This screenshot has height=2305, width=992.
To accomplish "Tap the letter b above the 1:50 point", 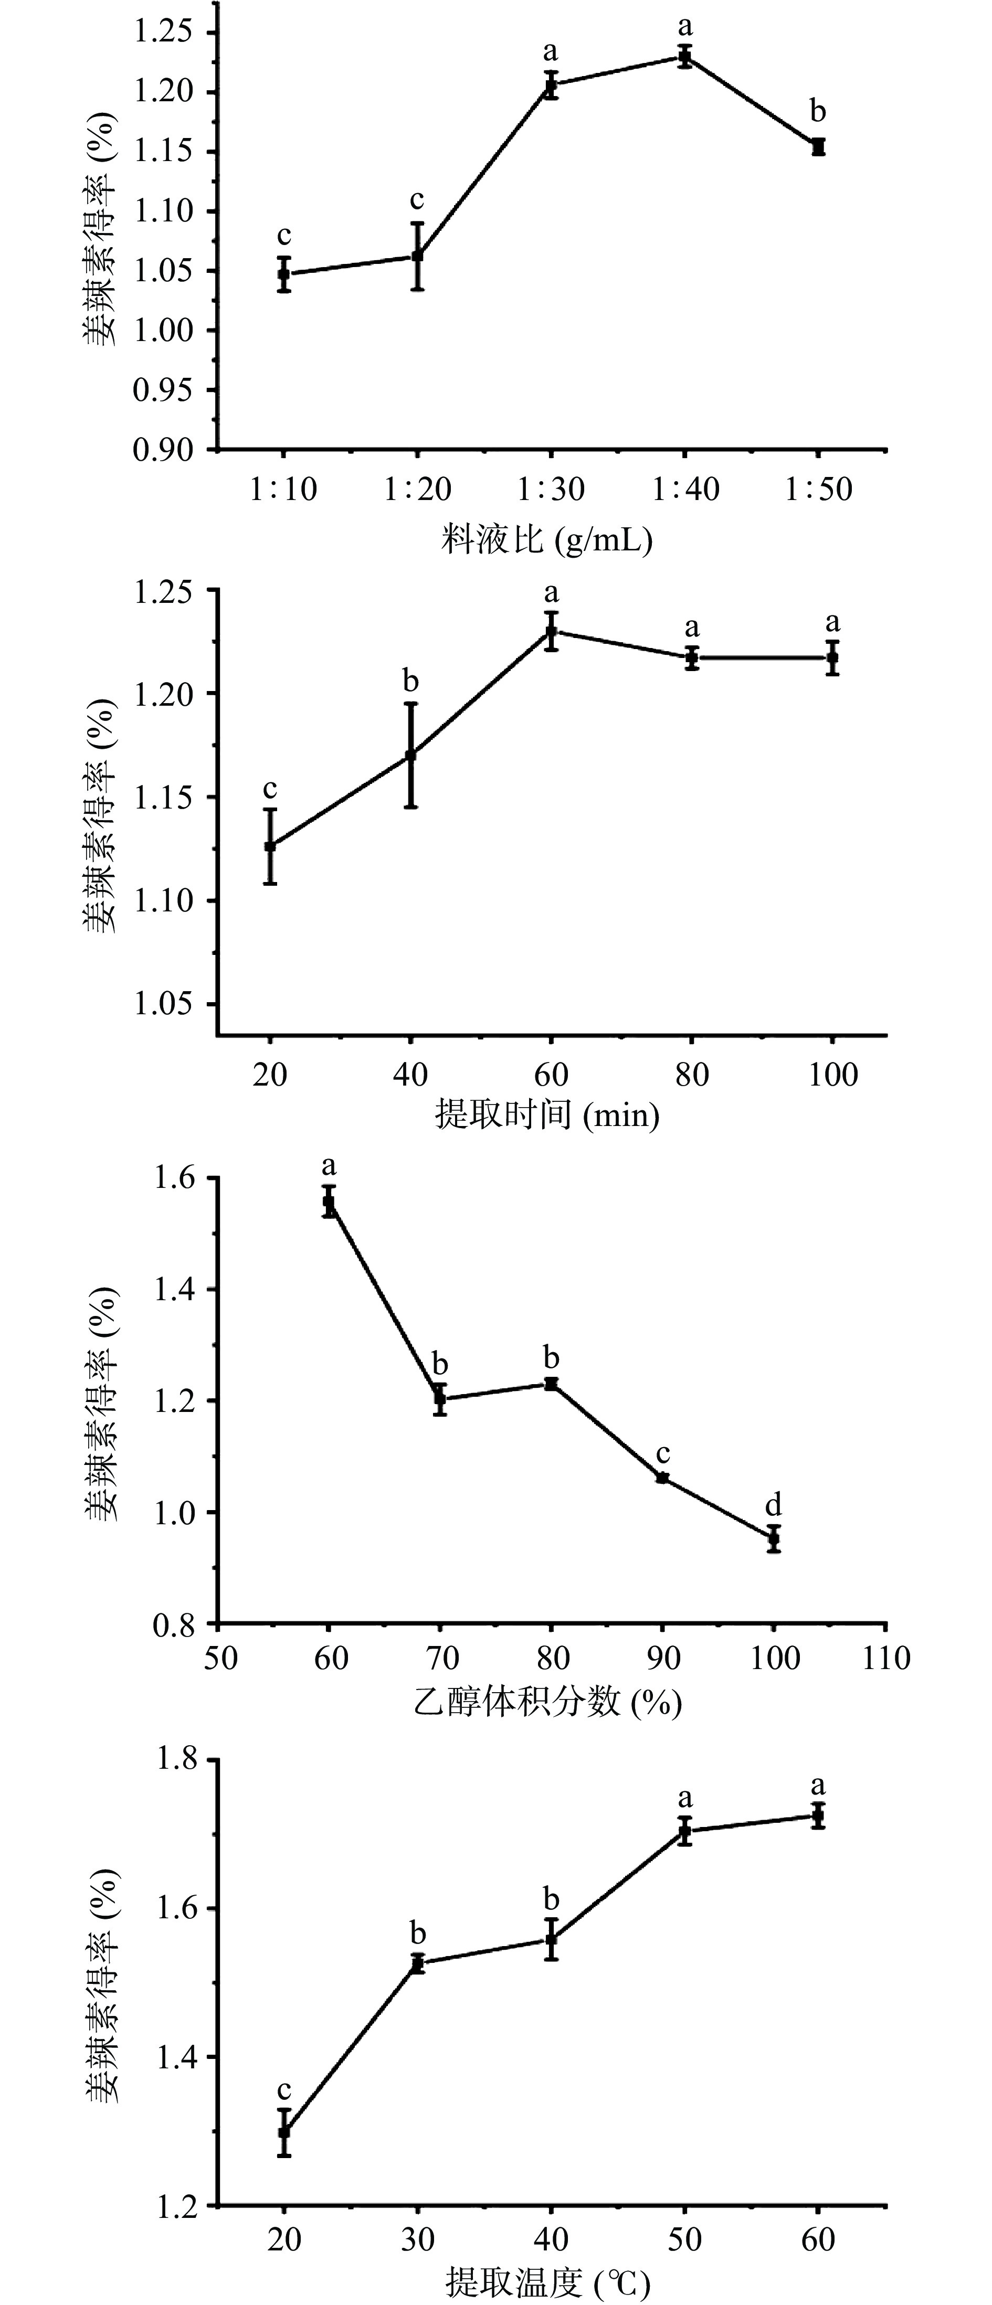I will coord(817,112).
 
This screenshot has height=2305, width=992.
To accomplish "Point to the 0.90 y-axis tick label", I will coord(163,449).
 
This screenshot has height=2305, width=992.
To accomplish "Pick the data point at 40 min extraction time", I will coord(410,755).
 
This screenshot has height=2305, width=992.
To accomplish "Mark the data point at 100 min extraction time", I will coord(832,657).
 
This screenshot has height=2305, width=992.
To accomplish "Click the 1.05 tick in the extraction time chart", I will coord(163,1004).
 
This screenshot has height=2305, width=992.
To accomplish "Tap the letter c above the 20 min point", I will coord(269,789).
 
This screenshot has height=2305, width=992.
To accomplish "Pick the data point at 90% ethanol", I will coord(662,1478).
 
